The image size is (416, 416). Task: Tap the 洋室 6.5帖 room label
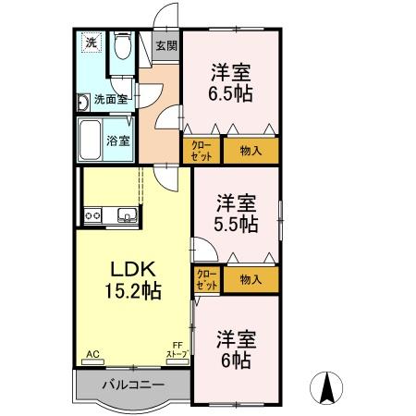pos(231,82)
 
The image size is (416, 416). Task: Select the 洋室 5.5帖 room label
pos(238,215)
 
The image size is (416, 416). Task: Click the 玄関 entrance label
pos(165,45)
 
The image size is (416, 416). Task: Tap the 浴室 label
pos(117,141)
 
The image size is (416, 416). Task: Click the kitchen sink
pos(125,216)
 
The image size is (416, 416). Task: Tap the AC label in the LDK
pos(92,354)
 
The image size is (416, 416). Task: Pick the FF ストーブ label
pos(177,350)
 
